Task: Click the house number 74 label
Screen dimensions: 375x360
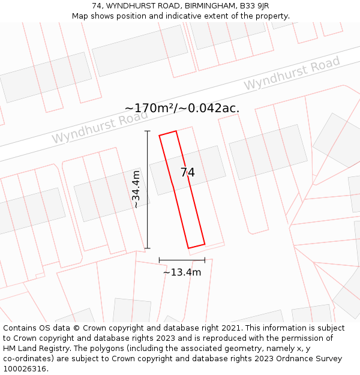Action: (x=188, y=173)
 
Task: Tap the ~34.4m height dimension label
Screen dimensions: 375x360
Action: (x=136, y=190)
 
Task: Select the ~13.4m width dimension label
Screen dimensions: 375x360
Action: (x=182, y=272)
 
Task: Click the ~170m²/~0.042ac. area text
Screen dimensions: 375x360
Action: (x=182, y=108)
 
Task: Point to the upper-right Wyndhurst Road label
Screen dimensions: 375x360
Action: (x=292, y=73)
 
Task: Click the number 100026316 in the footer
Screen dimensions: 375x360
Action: (x=26, y=369)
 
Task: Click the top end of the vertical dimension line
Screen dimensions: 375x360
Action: (x=148, y=131)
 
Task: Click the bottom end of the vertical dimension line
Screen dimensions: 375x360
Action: (x=148, y=248)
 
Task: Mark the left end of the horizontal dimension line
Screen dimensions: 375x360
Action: (x=159, y=260)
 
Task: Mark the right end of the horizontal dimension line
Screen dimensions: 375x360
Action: (x=205, y=260)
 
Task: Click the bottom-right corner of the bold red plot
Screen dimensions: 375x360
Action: (x=205, y=244)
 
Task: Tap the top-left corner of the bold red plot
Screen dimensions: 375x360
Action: (x=160, y=136)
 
